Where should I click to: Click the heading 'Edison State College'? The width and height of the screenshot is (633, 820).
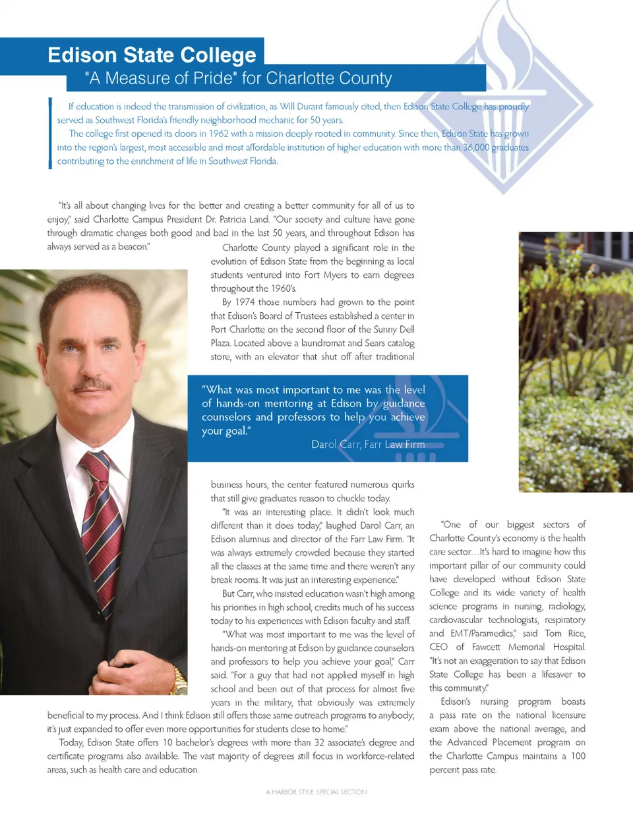(152, 55)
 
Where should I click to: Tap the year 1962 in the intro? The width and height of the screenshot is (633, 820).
(218, 134)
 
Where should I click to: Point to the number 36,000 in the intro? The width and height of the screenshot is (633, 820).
(475, 148)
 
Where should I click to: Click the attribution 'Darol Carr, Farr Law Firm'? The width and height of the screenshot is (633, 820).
(368, 445)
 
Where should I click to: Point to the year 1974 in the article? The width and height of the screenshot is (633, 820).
(244, 302)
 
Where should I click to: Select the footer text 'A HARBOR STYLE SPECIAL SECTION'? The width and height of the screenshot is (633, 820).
(316, 792)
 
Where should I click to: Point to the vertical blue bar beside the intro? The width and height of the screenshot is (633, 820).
(50, 133)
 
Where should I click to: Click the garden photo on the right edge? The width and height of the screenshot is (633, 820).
(576, 362)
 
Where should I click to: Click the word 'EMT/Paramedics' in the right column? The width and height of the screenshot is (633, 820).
(483, 634)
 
